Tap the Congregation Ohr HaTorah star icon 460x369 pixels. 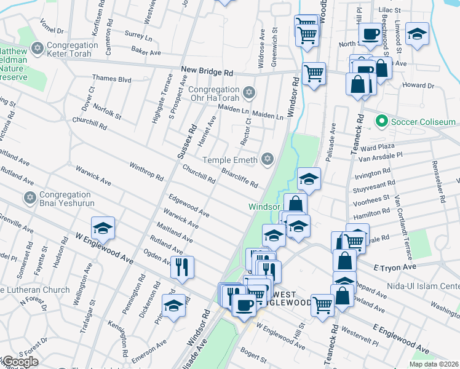click(x=248, y=93)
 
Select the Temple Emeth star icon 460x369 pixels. click(x=266, y=159)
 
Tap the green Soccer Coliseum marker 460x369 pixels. click(x=382, y=122)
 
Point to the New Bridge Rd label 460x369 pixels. click(x=207, y=71)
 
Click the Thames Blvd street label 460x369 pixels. click(x=112, y=79)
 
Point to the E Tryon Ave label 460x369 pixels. click(x=395, y=268)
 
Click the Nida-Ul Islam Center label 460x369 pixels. click(x=424, y=287)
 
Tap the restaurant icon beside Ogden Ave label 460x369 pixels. click(x=182, y=265)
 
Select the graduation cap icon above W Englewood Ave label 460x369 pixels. click(x=104, y=227)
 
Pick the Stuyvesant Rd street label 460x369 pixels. click(x=374, y=184)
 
